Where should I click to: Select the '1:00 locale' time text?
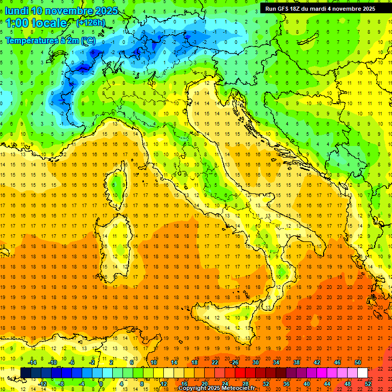[36, 23]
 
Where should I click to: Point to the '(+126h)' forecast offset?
[91, 22]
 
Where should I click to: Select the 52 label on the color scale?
[368, 383]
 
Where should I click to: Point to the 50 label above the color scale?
[358, 362]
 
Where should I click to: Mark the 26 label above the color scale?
[235, 362]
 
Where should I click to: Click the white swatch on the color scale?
[362, 373]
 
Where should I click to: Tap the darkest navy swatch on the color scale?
[26, 373]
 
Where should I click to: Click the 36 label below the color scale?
[286, 383]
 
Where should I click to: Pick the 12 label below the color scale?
[163, 383]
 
